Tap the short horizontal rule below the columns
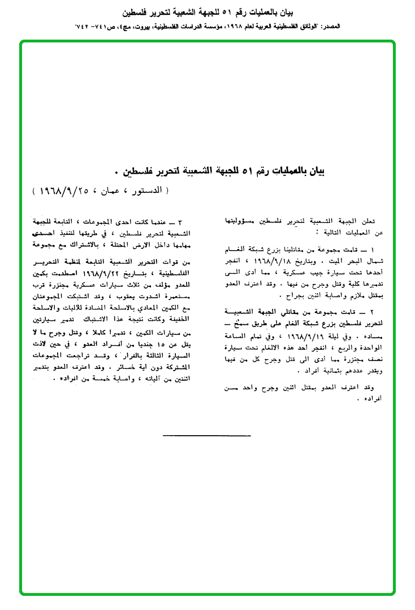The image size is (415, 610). point(207,436)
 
